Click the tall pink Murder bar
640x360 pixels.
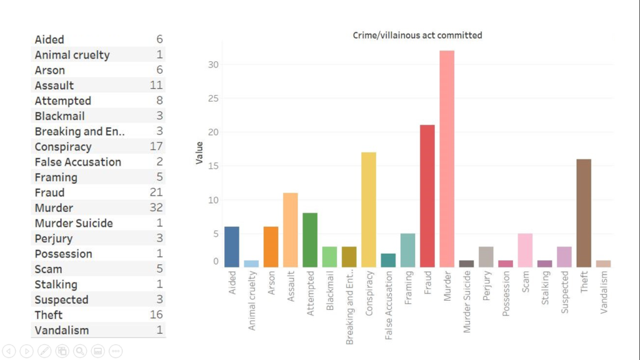coord(447,159)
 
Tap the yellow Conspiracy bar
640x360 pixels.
coord(369,210)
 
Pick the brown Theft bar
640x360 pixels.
coord(584,213)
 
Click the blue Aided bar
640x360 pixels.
coord(232,247)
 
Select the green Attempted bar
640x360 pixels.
coord(310,240)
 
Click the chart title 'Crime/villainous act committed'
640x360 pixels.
coord(417,36)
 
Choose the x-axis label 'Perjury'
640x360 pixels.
coord(487,286)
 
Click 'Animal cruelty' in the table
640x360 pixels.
coord(72,55)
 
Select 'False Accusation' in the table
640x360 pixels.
coord(78,162)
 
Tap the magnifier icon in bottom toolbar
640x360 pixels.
coord(80,351)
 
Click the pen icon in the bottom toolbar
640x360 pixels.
coord(44,351)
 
